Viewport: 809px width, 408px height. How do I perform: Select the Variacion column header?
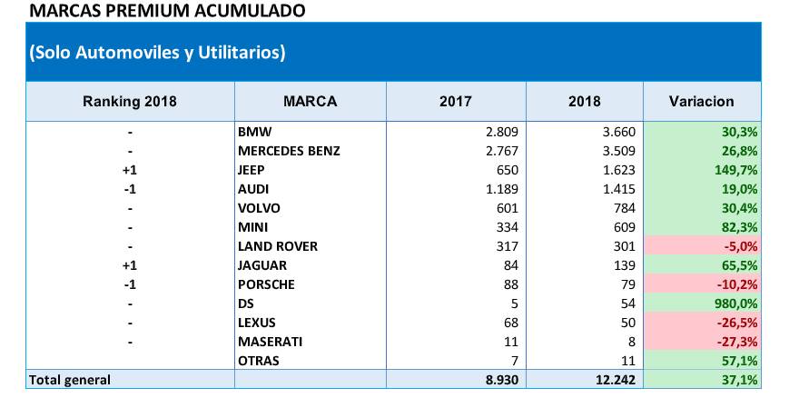click(701, 102)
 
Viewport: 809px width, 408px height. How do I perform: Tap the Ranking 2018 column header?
click(130, 102)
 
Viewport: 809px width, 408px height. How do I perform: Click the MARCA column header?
click(310, 102)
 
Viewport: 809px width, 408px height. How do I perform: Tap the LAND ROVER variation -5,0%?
click(739, 246)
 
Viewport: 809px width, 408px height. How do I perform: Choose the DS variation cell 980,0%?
click(736, 304)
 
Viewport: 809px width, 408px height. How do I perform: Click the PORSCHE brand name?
click(268, 284)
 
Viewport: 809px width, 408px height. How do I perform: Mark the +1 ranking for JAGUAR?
click(130, 265)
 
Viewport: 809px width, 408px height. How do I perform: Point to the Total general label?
click(70, 380)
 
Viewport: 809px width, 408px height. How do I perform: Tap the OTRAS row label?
click(259, 361)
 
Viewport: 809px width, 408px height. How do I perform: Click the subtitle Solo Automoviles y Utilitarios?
click(157, 53)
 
